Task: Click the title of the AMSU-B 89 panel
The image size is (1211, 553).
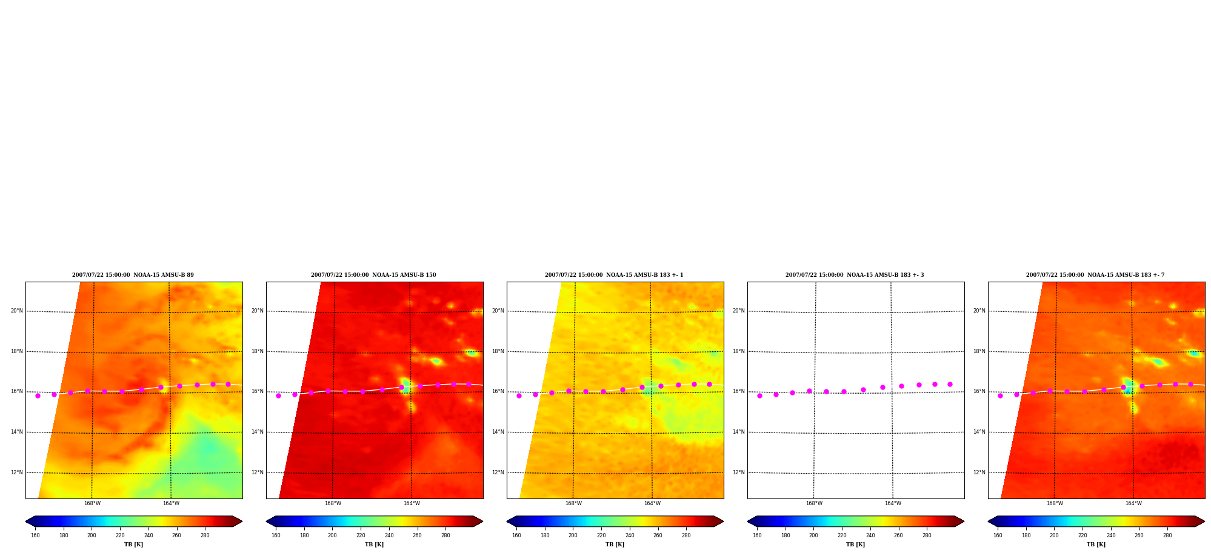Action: (x=133, y=275)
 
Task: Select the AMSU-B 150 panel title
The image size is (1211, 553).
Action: (x=373, y=275)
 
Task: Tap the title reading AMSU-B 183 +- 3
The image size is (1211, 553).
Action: (x=855, y=275)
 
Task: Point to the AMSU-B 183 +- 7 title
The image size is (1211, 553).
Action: (x=1095, y=275)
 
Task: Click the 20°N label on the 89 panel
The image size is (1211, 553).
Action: (x=17, y=311)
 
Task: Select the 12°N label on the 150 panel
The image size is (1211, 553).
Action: (x=258, y=472)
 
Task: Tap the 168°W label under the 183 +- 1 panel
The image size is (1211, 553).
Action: (x=573, y=503)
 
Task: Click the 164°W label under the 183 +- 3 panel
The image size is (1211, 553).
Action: (x=893, y=503)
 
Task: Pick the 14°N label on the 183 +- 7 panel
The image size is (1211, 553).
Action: (x=979, y=432)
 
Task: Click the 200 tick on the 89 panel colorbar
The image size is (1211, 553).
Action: (x=92, y=535)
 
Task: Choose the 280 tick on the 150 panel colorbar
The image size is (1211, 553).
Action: (x=445, y=535)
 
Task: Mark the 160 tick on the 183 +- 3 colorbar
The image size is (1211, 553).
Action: (x=757, y=535)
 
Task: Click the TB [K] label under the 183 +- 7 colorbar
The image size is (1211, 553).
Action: (x=1096, y=545)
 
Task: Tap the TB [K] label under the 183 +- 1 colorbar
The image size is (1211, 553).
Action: (x=615, y=545)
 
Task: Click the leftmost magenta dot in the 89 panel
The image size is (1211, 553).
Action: (x=38, y=396)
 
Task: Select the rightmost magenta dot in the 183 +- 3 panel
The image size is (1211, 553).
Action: (x=950, y=384)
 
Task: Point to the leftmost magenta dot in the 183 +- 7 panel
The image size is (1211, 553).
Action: (x=1000, y=396)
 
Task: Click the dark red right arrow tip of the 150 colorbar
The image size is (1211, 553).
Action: (x=482, y=521)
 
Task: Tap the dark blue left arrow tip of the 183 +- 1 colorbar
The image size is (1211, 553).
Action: (x=508, y=521)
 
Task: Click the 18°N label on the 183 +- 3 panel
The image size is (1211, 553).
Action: (x=739, y=351)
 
